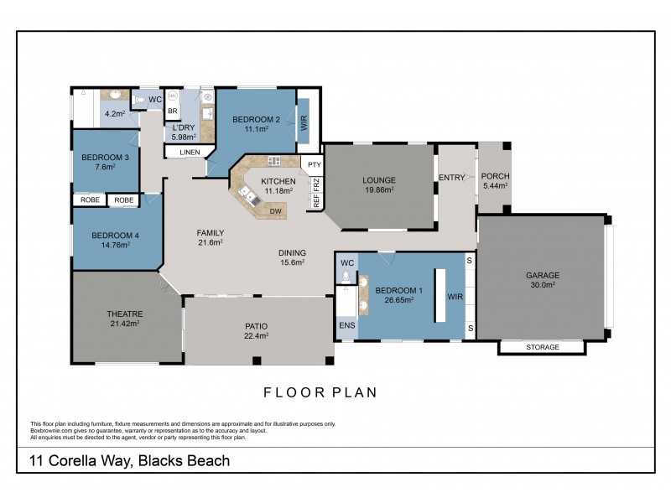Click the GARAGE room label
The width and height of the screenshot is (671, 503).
click(x=542, y=275)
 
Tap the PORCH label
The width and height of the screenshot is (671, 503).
click(x=494, y=176)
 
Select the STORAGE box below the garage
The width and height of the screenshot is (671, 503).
click(x=541, y=347)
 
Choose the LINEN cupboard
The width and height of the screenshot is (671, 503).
click(x=189, y=152)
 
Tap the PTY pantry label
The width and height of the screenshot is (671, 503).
click(x=313, y=164)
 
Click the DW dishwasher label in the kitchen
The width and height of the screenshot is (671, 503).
click(x=275, y=211)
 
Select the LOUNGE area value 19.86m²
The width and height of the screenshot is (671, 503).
click(x=378, y=190)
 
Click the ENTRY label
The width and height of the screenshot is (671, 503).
click(x=453, y=176)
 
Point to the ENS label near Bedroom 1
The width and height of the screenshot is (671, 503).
click(x=346, y=325)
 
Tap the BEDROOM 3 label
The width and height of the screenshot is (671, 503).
click(x=104, y=157)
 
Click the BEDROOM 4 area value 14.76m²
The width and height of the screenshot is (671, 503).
click(x=115, y=246)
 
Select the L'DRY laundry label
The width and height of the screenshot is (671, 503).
click(x=183, y=127)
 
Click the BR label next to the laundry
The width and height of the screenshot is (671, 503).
click(x=173, y=111)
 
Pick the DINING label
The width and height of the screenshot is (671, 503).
click(x=292, y=252)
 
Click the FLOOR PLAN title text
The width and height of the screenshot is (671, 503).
click(x=320, y=391)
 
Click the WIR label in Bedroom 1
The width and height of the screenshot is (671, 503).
click(x=455, y=296)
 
